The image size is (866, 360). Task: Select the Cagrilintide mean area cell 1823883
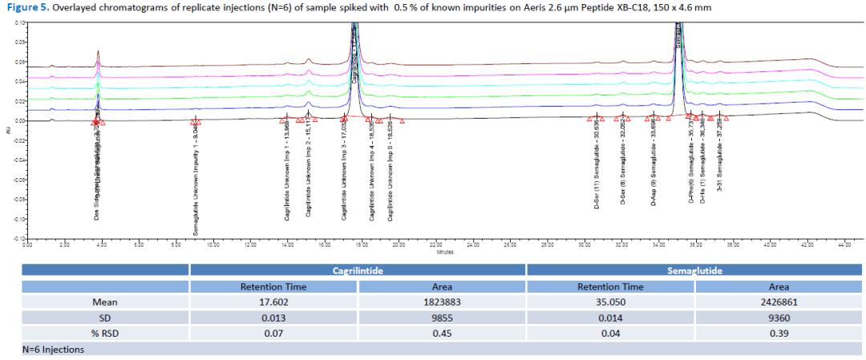click(442, 302)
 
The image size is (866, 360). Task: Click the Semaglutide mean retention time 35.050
click(610, 302)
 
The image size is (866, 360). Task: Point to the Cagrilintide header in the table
click(358, 271)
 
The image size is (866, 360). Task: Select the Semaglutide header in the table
click(694, 271)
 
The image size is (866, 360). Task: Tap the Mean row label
click(105, 302)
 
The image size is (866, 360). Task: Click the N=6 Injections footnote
click(53, 349)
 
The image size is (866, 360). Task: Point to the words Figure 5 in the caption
click(26, 7)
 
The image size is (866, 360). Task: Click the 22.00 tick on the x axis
click(436, 244)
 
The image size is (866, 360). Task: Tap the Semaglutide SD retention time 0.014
click(610, 317)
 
